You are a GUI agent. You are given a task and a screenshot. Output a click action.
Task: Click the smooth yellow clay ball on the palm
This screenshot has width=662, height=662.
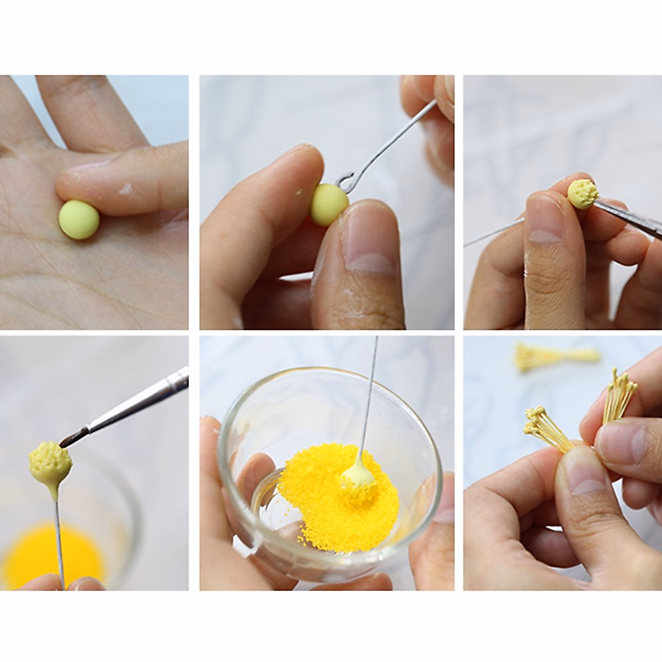pyautogui.click(x=79, y=220)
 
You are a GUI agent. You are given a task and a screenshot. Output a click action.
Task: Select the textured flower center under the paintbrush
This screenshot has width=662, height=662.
pyautogui.click(x=50, y=461)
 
